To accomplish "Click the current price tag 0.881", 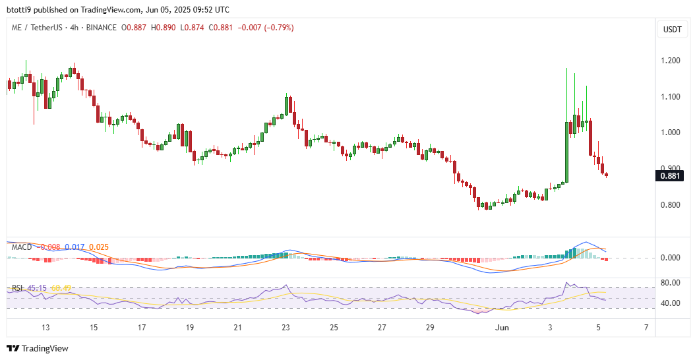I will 672,175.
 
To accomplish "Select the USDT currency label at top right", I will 672,29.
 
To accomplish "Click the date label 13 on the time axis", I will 45,328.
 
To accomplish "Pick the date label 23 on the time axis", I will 286,328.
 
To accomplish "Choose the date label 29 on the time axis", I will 430,328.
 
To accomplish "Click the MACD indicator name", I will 22,247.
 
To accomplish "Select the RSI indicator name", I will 18,287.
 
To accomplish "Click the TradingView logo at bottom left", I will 38,348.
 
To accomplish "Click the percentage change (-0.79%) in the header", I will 276,28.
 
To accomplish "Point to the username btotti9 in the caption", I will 20,10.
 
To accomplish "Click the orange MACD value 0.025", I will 99,247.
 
